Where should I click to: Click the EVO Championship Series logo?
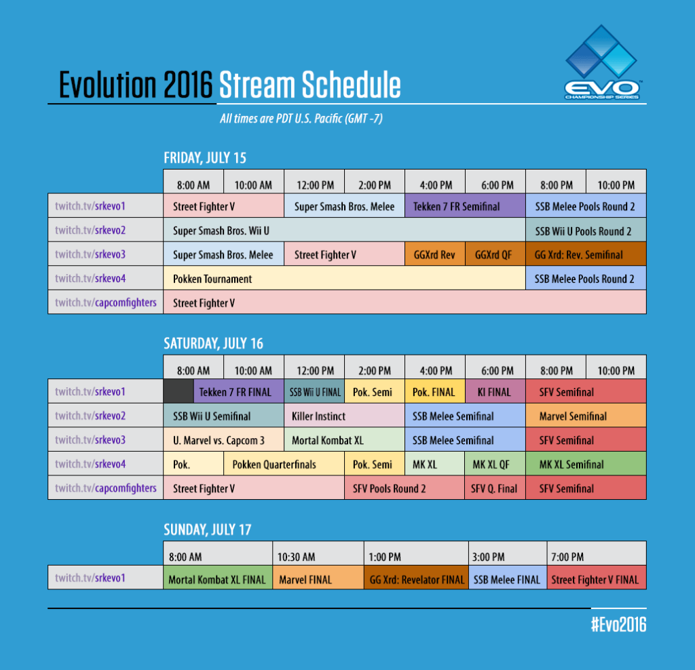pos(603,63)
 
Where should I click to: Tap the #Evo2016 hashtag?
pos(618,625)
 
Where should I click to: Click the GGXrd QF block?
pos(495,255)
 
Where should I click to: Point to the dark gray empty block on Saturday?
pos(179,391)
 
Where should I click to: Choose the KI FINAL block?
pos(495,391)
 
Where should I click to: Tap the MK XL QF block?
pos(495,465)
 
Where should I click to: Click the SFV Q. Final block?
pos(495,488)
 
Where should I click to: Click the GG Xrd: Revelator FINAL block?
pos(416,580)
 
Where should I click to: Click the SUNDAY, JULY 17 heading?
pos(208,529)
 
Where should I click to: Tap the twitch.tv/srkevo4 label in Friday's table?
pos(105,279)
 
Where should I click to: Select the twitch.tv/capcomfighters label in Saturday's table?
pos(105,488)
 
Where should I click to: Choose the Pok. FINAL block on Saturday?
pos(435,391)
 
